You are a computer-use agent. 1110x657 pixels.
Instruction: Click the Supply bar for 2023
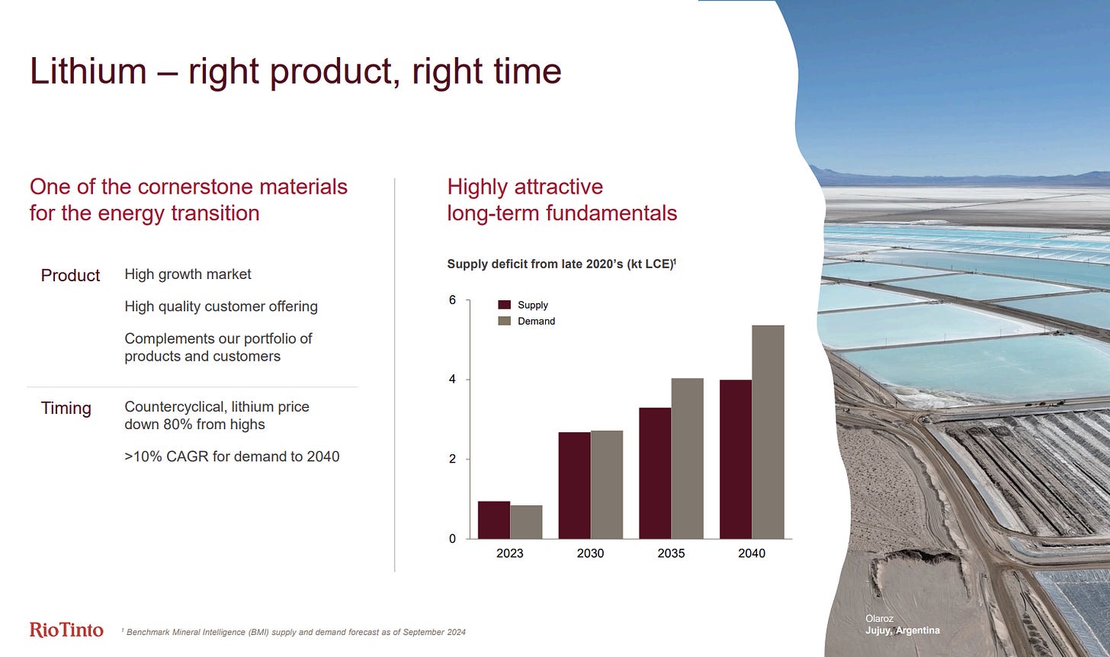494,520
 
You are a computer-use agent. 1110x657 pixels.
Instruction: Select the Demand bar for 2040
768,432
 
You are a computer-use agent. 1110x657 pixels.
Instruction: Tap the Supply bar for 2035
655,473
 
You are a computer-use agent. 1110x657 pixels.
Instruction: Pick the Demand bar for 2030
607,485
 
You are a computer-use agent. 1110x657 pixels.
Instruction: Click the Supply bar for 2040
736,460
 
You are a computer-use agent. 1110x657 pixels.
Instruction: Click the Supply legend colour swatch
505,305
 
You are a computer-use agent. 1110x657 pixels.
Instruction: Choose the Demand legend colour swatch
505,321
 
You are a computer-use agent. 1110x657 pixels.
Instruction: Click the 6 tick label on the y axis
452,300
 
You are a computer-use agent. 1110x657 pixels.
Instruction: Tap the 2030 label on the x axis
590,553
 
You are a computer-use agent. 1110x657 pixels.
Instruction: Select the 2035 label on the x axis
671,553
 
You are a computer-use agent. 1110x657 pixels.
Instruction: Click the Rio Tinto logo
66,630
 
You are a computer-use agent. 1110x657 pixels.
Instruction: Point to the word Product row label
70,275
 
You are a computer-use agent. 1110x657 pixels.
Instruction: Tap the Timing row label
66,409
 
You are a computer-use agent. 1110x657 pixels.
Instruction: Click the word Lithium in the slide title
88,72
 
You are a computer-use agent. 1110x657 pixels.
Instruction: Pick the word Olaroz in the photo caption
880,618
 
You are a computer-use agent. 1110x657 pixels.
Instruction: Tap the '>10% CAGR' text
166,457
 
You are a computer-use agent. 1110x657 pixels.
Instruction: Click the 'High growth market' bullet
188,274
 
